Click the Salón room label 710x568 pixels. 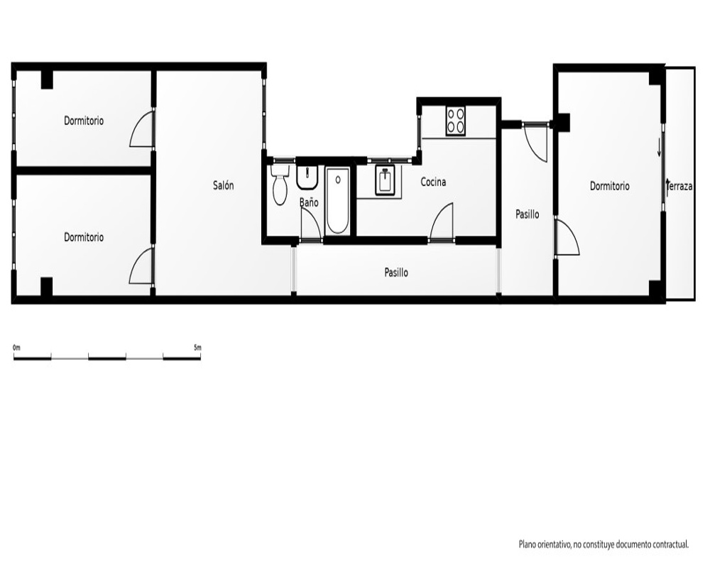223,185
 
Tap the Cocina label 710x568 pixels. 433,182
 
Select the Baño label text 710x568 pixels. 309,202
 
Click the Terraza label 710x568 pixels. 680,186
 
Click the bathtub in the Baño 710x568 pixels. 338,201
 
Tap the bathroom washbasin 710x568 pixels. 308,177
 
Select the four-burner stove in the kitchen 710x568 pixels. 456,121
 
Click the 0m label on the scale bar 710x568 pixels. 17,348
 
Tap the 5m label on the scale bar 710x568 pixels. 197,348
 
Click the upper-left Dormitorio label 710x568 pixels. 84,121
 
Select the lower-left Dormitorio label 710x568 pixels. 84,237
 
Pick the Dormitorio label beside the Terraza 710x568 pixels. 609,186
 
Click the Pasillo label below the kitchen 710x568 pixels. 396,273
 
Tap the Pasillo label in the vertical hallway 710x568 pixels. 528,214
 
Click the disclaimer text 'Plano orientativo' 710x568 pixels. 545,545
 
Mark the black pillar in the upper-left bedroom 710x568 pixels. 47,80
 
